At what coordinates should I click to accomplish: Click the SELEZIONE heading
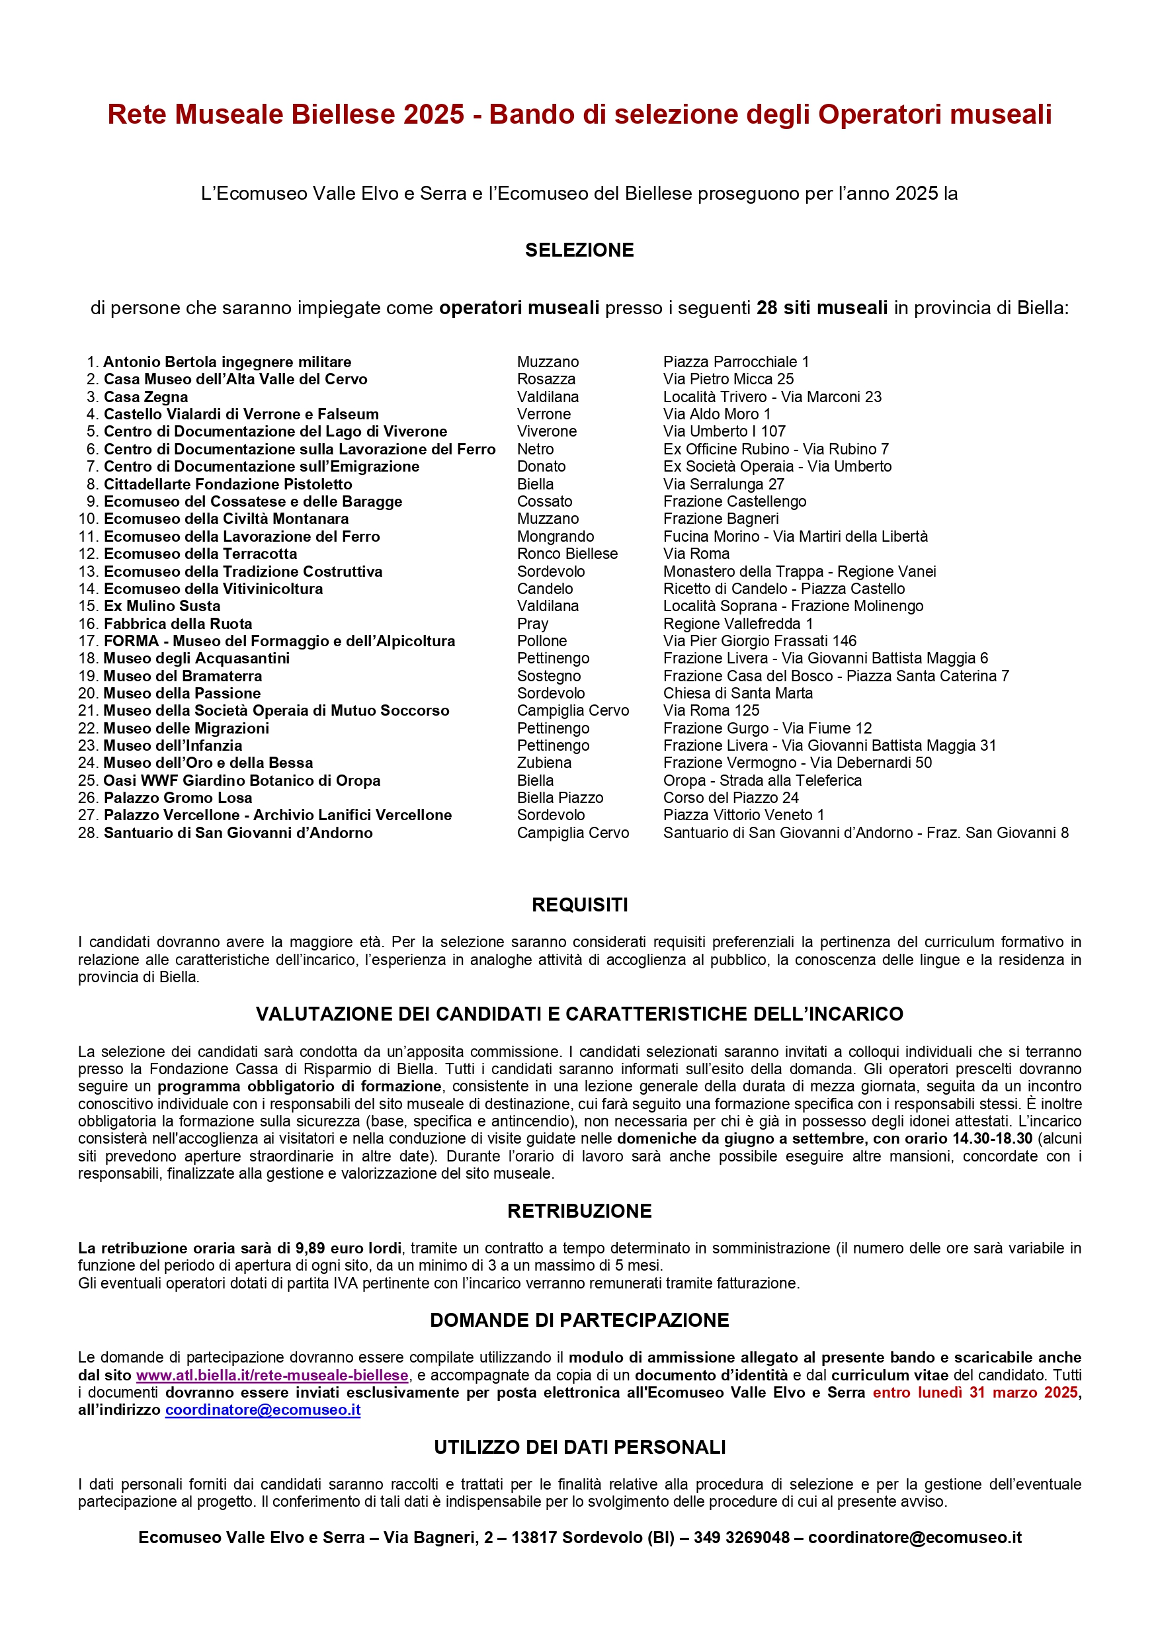[x=579, y=250]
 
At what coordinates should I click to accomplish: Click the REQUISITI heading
[x=579, y=905]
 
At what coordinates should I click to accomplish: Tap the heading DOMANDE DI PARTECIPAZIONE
[x=579, y=1320]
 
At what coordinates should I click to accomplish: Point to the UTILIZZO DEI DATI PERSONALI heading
[x=579, y=1447]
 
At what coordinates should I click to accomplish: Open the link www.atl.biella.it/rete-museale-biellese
[x=272, y=1375]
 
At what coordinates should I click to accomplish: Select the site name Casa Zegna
[x=145, y=397]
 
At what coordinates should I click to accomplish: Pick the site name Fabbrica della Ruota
[x=178, y=623]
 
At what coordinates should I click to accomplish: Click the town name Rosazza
[x=546, y=380]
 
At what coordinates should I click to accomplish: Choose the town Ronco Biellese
[x=567, y=554]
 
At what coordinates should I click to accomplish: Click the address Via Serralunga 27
[x=724, y=484]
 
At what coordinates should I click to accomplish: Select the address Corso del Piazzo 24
[x=730, y=798]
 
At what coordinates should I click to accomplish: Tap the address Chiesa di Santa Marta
[x=737, y=693]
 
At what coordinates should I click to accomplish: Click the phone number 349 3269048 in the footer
[x=741, y=1537]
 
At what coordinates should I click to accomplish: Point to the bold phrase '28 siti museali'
[x=822, y=308]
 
